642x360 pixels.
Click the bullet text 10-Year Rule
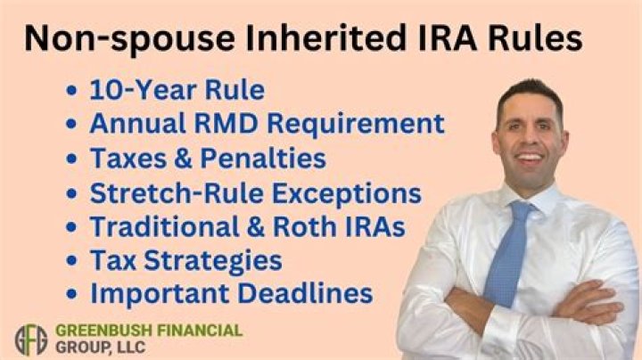tap(177, 90)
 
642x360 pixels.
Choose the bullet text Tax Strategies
tap(185, 260)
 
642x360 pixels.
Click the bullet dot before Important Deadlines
tap(73, 296)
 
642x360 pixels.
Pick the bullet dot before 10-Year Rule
tap(73, 91)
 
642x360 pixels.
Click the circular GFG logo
tap(30, 339)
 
